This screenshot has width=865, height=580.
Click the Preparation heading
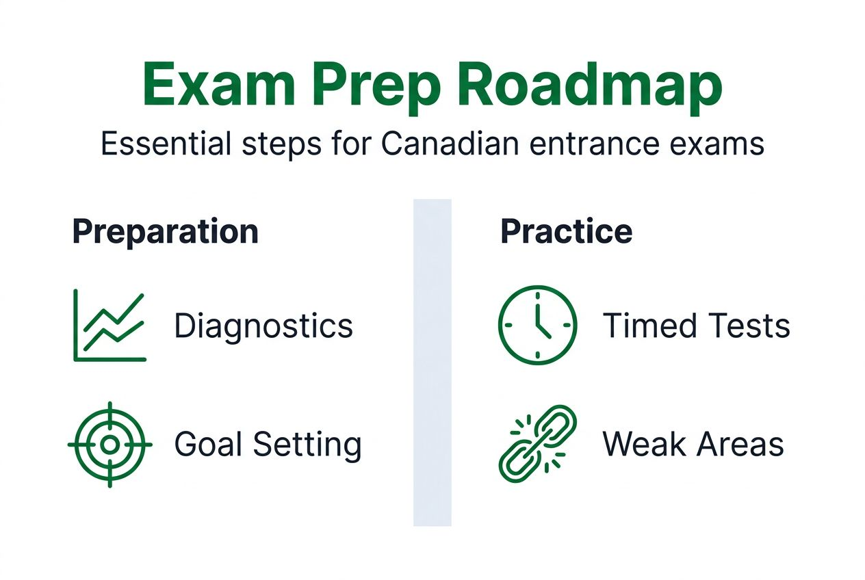click(x=166, y=232)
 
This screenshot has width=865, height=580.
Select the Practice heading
click(x=566, y=232)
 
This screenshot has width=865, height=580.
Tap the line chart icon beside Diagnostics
click(x=109, y=325)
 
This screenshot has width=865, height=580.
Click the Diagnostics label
click(x=263, y=326)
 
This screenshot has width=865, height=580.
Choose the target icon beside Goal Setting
click(x=109, y=445)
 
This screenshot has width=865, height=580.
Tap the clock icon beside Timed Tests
click(x=537, y=325)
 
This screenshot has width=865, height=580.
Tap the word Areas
click(x=740, y=445)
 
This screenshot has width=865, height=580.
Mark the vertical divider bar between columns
click(x=432, y=362)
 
